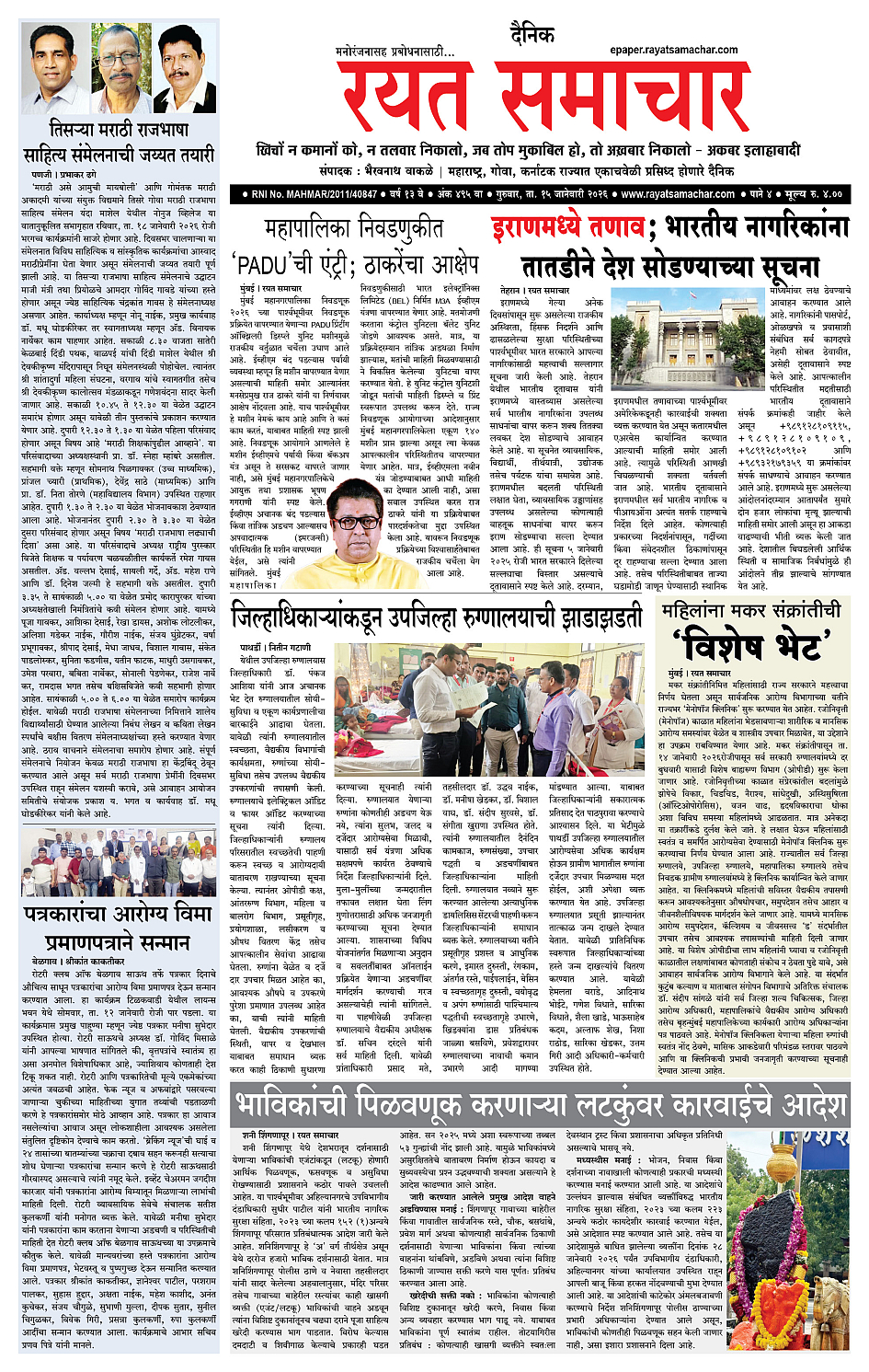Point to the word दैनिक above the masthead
click(532, 36)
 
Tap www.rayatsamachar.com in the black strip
click(678, 194)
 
